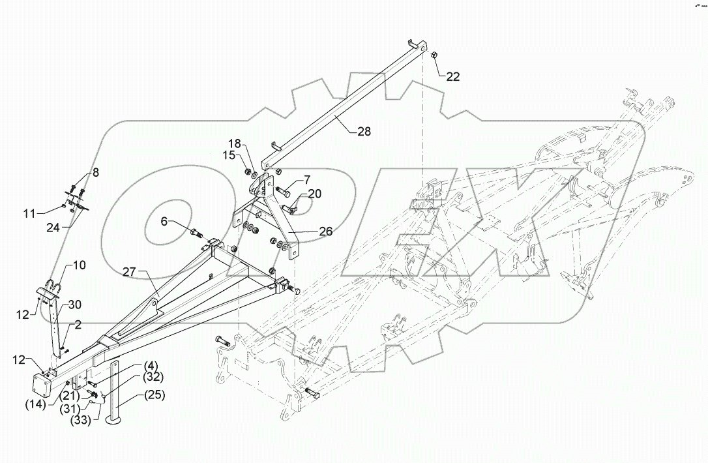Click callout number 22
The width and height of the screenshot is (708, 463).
(452, 76)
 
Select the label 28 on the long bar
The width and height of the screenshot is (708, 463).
(364, 131)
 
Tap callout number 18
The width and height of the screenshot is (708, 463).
(234, 143)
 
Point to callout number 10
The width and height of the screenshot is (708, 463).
(78, 265)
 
